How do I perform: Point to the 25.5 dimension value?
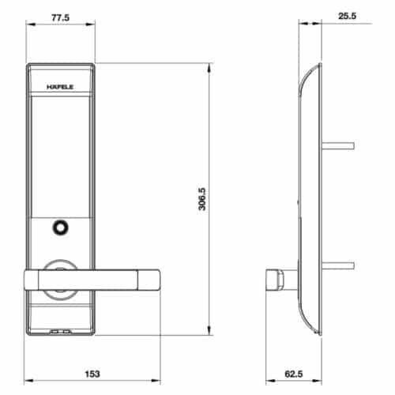(x=345, y=15)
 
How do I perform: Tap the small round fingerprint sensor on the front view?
(x=59, y=229)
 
